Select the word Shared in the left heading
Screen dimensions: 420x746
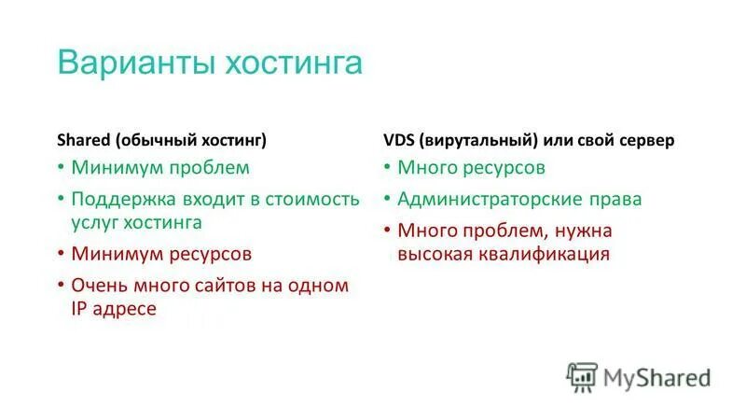(x=84, y=140)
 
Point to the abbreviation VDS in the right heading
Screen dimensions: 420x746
(x=399, y=140)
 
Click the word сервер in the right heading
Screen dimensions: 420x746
(x=644, y=140)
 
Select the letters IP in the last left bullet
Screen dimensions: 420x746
(x=79, y=308)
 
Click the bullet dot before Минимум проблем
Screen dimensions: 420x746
(x=60, y=169)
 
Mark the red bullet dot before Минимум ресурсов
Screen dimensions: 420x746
(x=60, y=254)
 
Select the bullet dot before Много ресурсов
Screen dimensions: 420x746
(x=387, y=169)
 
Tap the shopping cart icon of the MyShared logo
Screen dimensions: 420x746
(x=582, y=377)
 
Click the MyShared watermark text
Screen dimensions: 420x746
(x=657, y=377)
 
